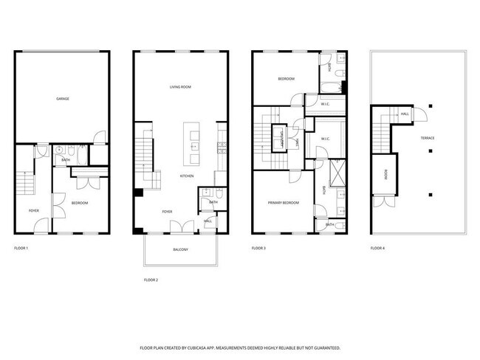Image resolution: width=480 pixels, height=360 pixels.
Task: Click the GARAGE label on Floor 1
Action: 63,98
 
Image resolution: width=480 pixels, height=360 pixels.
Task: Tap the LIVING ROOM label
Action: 180,87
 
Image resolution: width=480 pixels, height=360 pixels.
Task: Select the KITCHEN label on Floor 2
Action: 188,176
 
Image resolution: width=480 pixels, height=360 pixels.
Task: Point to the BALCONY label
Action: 181,249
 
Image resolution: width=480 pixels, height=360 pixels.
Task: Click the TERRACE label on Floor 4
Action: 428,138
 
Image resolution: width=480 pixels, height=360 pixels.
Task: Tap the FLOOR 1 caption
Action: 21,248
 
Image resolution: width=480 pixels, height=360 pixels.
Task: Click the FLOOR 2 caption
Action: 151,280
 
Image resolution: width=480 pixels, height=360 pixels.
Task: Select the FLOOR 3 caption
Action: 258,248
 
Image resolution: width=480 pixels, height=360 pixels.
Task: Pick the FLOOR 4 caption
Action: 378,248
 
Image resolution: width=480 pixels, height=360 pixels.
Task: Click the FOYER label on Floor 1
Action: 34,211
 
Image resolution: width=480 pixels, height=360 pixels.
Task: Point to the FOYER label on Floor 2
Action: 168,212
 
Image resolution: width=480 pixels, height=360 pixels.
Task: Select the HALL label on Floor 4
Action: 405,114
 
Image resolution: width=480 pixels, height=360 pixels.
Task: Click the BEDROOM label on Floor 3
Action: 286,79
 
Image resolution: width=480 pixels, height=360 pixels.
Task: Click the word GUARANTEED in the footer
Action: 327,346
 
